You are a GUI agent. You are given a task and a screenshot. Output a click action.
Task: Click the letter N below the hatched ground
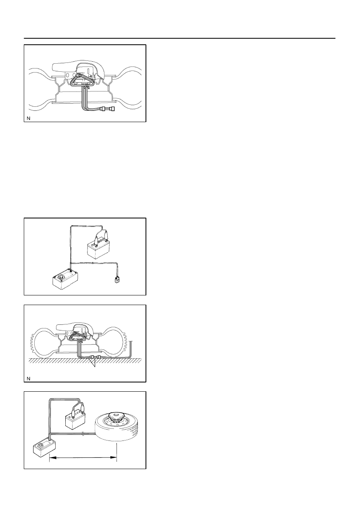coord(28,378)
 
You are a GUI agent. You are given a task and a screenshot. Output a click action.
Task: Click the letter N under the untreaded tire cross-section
coord(28,118)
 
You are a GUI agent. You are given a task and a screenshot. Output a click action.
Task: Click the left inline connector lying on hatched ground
coord(92,357)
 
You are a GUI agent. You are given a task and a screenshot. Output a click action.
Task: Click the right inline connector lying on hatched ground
coord(99,357)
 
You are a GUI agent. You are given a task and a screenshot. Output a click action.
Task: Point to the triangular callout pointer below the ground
coord(93,363)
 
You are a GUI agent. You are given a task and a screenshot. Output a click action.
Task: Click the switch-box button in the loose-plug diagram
coord(61,277)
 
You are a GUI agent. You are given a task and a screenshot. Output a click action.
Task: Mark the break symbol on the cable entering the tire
coord(83,434)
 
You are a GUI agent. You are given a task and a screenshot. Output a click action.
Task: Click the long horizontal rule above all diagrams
coord(179,38)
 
